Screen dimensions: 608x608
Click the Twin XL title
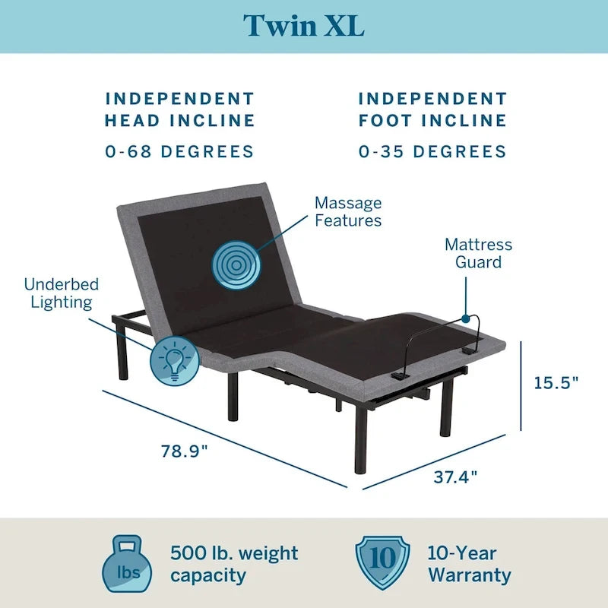click(x=303, y=25)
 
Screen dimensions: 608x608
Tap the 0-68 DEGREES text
click(x=179, y=151)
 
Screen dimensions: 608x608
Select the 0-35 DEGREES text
click(x=432, y=151)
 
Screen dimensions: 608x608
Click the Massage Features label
click(x=348, y=212)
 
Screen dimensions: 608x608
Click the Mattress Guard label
click(x=478, y=254)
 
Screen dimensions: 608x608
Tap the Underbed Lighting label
click(x=62, y=293)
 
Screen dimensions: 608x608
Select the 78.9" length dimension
click(x=184, y=450)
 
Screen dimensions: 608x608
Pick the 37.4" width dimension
click(x=455, y=477)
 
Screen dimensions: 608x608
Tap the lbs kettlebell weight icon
click(x=125, y=563)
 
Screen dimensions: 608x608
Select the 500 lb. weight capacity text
click(x=234, y=564)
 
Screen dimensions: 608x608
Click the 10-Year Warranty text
click(x=469, y=564)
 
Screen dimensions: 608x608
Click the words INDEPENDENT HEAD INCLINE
click(x=179, y=109)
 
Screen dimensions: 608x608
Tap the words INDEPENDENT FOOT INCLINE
click(x=432, y=109)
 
